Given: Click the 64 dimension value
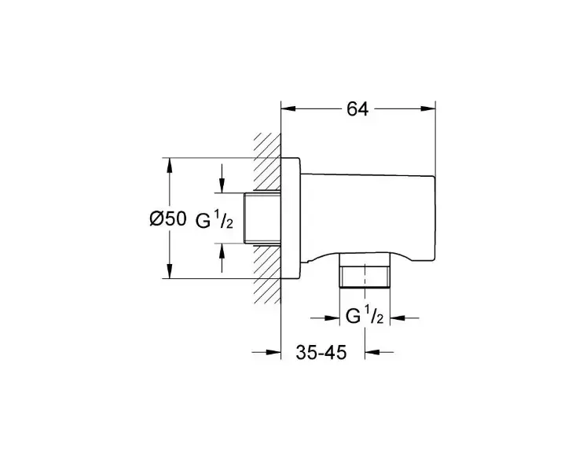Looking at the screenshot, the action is coord(357,109).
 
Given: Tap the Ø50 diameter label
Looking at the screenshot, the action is coord(167,218).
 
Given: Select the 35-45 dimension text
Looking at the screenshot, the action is coord(321,352).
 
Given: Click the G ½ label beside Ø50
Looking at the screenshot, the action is coord(214,222).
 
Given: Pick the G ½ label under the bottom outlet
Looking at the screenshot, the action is coord(365,316).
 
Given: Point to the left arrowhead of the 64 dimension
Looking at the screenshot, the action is coord(288,108).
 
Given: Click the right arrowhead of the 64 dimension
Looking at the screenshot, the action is coord(428,108).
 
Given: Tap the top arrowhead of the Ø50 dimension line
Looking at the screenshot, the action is coord(170,166).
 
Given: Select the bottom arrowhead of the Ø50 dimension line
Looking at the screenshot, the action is coord(170,270).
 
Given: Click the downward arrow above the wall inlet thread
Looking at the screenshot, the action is coord(222,178).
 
